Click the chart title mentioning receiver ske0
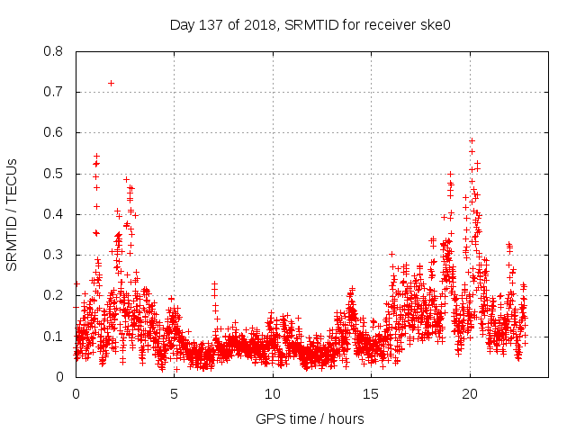click(x=310, y=24)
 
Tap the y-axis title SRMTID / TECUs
click(x=12, y=214)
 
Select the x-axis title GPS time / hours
click(x=310, y=418)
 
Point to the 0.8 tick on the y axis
click(x=55, y=51)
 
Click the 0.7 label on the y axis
click(x=55, y=92)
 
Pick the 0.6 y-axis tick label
click(x=55, y=132)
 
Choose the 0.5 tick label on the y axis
click(x=55, y=174)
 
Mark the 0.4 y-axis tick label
click(x=55, y=214)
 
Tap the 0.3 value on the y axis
click(x=55, y=255)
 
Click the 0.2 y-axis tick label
click(x=55, y=295)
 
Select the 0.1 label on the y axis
click(x=55, y=337)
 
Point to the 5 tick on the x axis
click(x=174, y=394)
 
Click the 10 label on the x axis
click(x=273, y=394)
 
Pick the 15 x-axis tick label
click(x=371, y=394)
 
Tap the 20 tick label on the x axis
click(x=470, y=394)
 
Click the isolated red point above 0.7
click(x=111, y=83)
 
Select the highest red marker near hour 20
click(x=472, y=140)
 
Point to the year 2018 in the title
click(x=260, y=24)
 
